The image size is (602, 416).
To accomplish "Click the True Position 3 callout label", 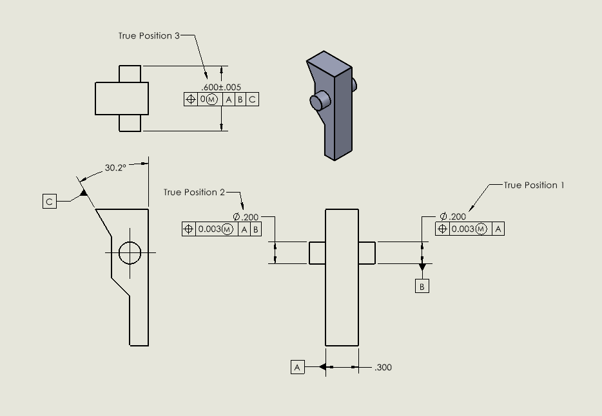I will (149, 36).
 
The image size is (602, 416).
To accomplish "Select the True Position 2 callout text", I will (194, 193).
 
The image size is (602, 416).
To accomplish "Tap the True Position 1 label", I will (534, 185).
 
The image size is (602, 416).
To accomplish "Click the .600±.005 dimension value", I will (221, 87).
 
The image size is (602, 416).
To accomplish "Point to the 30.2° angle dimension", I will (115, 169).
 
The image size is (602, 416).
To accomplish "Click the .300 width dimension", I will (383, 368).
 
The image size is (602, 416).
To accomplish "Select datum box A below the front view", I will (297, 367).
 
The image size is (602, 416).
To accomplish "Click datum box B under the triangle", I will (422, 287).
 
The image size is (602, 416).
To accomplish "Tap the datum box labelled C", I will (50, 202).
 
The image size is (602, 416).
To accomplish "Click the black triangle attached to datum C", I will (83, 191).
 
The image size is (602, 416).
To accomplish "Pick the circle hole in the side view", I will (130, 252).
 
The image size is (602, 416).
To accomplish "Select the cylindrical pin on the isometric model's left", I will (319, 101).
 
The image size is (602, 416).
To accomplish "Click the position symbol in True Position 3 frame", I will (191, 99).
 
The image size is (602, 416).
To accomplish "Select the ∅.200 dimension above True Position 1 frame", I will (453, 216).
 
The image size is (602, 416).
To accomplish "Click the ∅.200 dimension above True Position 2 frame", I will (246, 217).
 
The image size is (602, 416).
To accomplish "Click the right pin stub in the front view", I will (367, 252).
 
